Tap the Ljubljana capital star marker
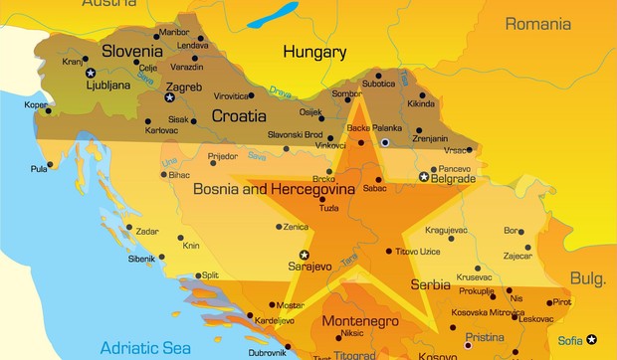tap(91, 73)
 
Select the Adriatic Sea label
tap(146, 347)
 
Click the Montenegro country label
tap(359, 321)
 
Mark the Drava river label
tap(282, 92)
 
